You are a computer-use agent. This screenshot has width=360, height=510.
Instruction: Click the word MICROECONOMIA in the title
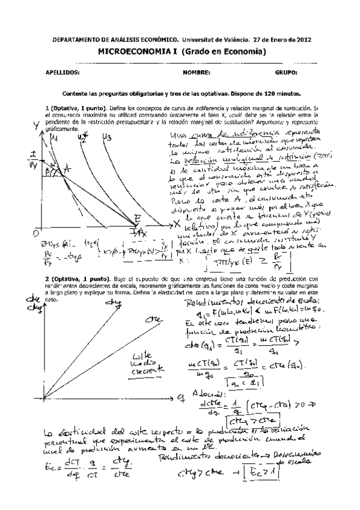(127, 52)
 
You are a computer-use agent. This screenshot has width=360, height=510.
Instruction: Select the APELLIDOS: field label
(63, 73)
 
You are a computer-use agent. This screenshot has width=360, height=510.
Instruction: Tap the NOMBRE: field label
(197, 73)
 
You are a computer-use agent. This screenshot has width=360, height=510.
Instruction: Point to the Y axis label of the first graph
(37, 125)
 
